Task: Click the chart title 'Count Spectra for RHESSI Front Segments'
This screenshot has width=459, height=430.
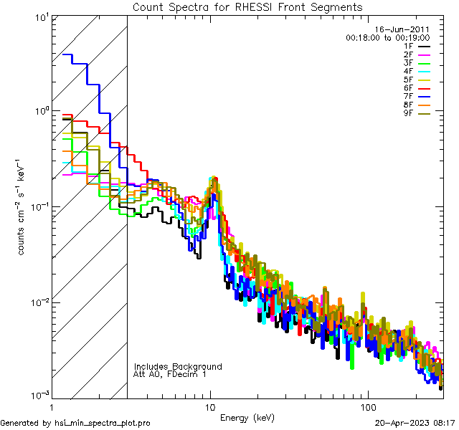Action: (247, 7)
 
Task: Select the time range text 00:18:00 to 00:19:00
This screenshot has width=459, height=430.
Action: (387, 37)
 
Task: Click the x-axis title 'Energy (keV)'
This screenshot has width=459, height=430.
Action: (247, 418)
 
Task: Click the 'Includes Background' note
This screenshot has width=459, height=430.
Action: (178, 366)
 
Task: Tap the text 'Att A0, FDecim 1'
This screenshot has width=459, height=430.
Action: (170, 374)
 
